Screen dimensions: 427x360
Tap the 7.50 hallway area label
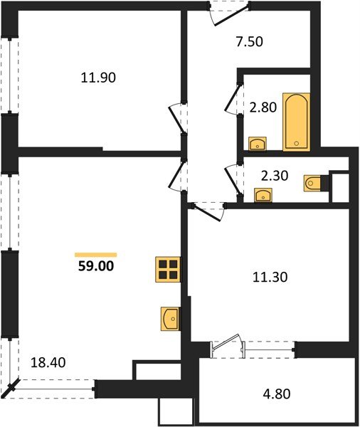coord(249,41)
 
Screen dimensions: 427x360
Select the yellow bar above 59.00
coord(95,254)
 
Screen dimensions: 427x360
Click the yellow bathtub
coord(297,121)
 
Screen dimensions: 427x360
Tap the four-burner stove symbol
coord(168,270)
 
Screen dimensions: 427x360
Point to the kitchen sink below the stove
coord(169,319)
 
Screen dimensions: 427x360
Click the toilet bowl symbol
coord(312,184)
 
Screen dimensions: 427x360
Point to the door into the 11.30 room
coord(210,209)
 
